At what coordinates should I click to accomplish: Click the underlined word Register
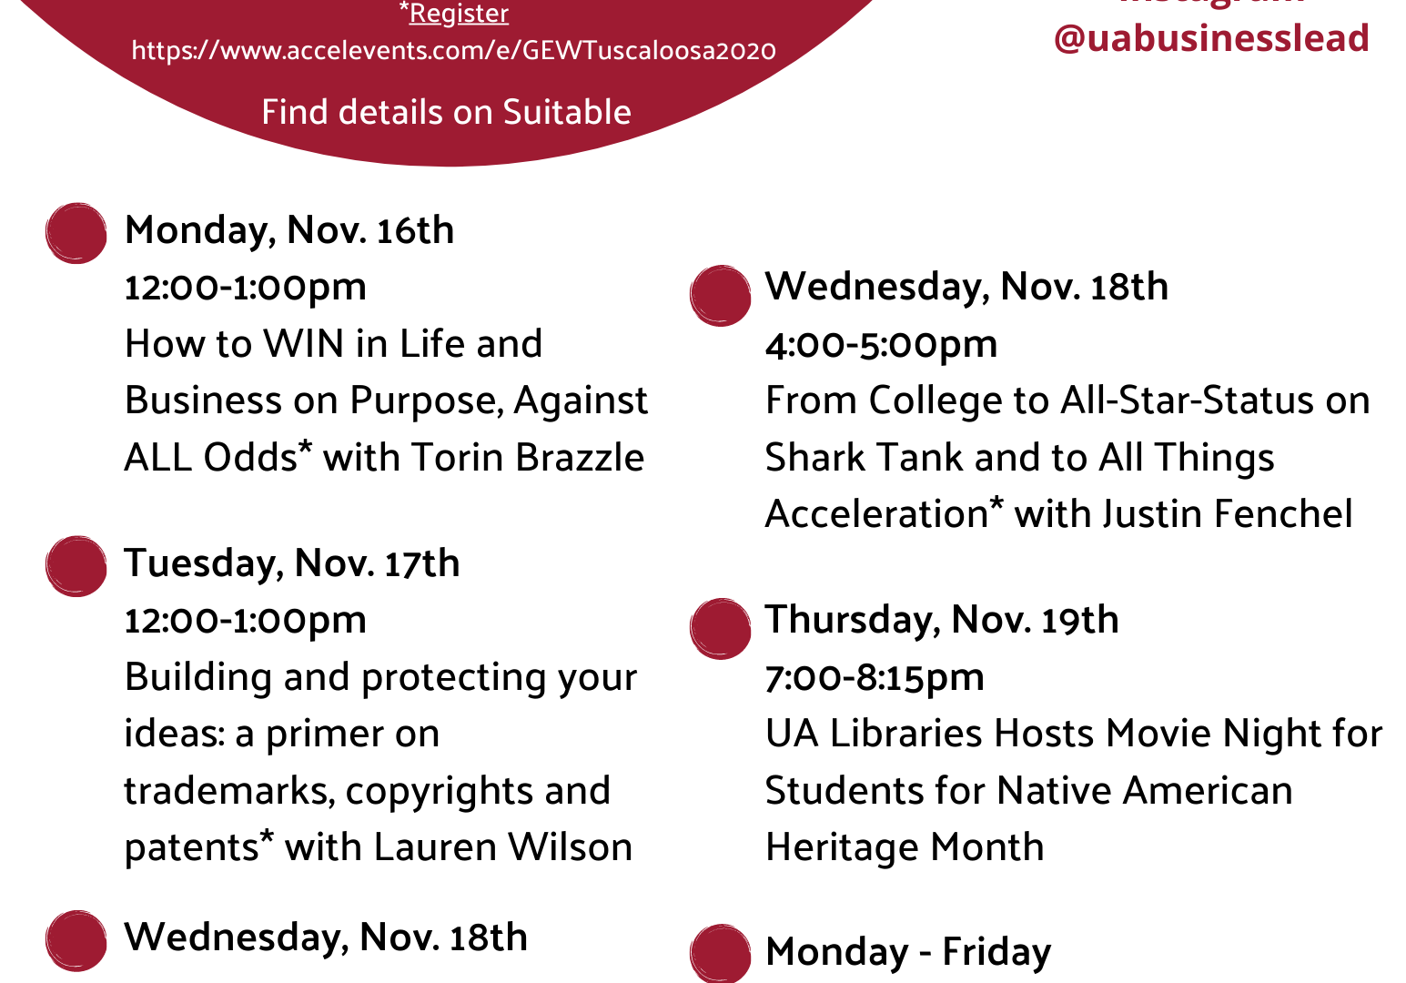pyautogui.click(x=459, y=13)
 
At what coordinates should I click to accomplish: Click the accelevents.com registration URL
pyautogui.click(x=454, y=51)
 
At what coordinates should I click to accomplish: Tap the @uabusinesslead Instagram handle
pyautogui.click(x=1211, y=37)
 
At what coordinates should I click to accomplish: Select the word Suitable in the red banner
pyautogui.click(x=567, y=112)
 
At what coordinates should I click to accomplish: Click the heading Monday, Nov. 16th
pyautogui.click(x=289, y=230)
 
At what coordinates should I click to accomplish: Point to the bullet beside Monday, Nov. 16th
pyautogui.click(x=76, y=233)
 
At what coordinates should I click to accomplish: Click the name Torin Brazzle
pyautogui.click(x=528, y=457)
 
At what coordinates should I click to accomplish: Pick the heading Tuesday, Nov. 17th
pyautogui.click(x=292, y=563)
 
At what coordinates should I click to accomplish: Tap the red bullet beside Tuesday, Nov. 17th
pyautogui.click(x=76, y=566)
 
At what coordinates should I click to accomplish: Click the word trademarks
pyautogui.click(x=227, y=791)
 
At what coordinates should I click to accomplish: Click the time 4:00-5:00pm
pyautogui.click(x=881, y=345)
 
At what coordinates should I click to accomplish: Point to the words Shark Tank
pyautogui.click(x=864, y=457)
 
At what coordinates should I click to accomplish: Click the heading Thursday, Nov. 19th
pyautogui.click(x=942, y=620)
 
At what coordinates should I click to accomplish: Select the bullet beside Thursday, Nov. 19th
pyautogui.click(x=720, y=629)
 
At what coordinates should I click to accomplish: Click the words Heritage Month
pyautogui.click(x=905, y=847)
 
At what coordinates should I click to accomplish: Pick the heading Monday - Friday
pyautogui.click(x=908, y=952)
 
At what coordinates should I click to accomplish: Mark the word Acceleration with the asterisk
pyautogui.click(x=885, y=512)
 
